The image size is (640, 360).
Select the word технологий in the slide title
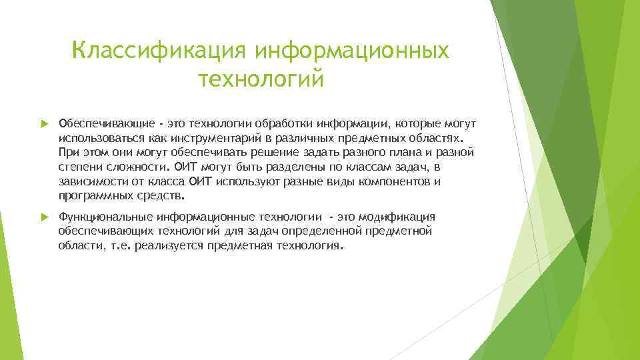261,79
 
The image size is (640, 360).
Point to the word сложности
131,167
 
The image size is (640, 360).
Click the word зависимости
91,182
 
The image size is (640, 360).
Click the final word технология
310,246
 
